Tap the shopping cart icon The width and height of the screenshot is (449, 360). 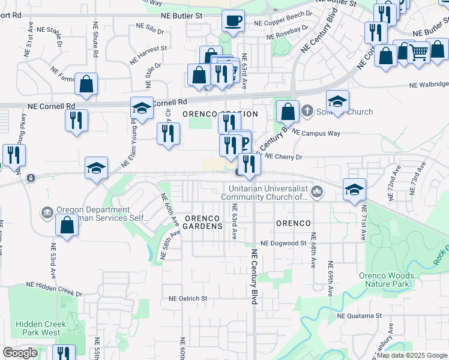pyautogui.click(x=418, y=52)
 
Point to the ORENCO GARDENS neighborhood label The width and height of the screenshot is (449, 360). pyautogui.click(x=206, y=222)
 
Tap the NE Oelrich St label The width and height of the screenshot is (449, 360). pyautogui.click(x=188, y=298)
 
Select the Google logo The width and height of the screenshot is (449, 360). pyautogui.click(x=20, y=353)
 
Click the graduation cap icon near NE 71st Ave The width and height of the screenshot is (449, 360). pyautogui.click(x=354, y=190)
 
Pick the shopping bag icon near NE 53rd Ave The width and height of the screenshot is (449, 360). pyautogui.click(x=67, y=226)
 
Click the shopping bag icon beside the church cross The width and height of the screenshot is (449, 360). pyautogui.click(x=288, y=112)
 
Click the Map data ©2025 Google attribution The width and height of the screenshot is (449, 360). pyautogui.click(x=411, y=355)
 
